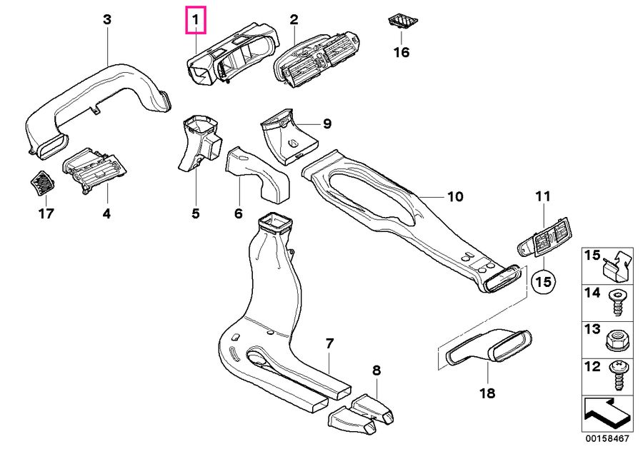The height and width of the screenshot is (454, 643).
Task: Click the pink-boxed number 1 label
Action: [x=195, y=20]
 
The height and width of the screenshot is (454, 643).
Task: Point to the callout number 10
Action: [x=455, y=196]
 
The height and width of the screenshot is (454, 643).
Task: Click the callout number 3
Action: [x=107, y=20]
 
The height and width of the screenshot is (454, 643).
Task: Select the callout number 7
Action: [x=329, y=344]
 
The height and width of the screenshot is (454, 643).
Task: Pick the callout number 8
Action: [x=377, y=370]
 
